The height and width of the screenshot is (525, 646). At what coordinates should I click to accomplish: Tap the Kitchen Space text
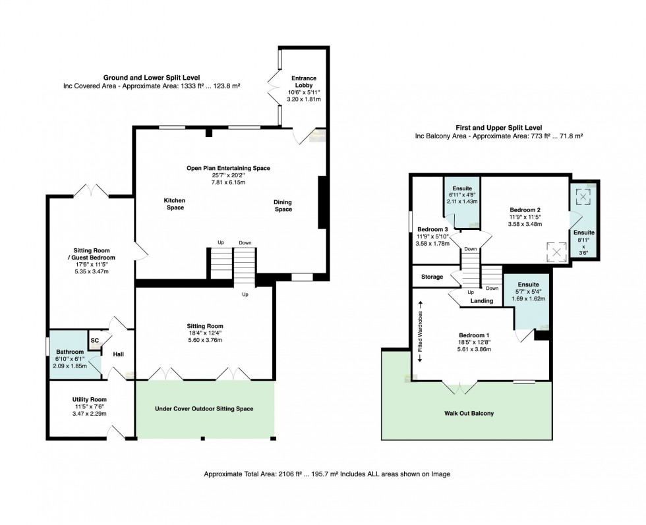(175, 204)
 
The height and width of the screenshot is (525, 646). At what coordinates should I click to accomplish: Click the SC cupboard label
(95, 340)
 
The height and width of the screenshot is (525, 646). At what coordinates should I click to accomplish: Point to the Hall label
(118, 354)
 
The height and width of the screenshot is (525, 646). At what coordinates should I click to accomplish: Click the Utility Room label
(89, 400)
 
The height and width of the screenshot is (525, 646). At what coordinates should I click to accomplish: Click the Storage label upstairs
(432, 277)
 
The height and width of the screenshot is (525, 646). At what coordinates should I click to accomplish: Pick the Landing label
(481, 300)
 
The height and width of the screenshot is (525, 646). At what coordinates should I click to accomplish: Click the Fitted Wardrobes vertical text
(421, 331)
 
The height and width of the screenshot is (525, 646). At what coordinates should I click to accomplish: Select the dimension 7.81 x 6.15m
(228, 182)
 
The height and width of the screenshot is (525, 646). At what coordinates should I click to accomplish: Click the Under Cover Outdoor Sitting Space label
(204, 408)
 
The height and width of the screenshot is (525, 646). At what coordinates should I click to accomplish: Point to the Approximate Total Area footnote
(327, 474)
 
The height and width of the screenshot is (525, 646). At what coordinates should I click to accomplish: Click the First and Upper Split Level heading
(499, 127)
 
